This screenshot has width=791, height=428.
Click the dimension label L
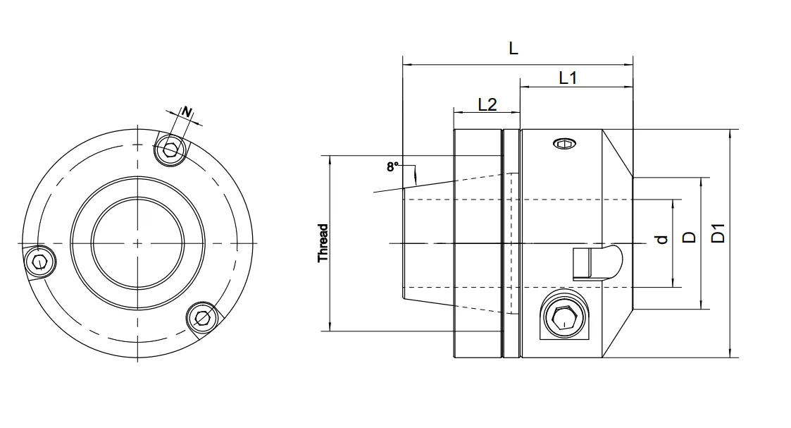(513, 49)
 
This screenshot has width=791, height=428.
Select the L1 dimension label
(568, 78)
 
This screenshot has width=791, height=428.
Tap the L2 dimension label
(487, 104)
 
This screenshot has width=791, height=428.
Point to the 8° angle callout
(392, 167)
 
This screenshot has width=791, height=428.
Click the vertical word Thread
(323, 243)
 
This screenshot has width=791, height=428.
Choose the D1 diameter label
(718, 233)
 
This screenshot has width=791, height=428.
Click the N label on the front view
(187, 111)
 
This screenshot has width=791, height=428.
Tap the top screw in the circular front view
(170, 149)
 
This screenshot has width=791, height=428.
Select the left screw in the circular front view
(39, 263)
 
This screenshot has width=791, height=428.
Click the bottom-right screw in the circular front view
(204, 317)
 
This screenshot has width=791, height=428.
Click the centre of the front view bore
(137, 243)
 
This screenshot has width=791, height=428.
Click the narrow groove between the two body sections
(504, 243)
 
